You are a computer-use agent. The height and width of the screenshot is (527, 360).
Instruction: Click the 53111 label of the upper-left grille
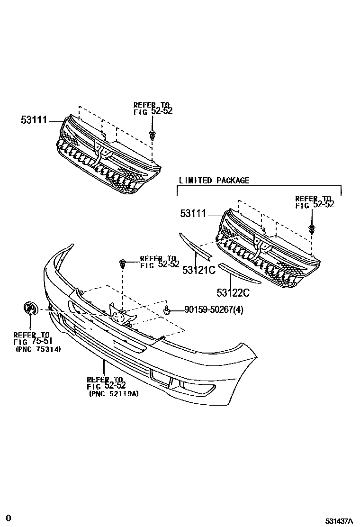click(x=34, y=120)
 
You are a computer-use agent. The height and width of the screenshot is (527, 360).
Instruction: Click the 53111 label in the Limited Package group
click(x=193, y=214)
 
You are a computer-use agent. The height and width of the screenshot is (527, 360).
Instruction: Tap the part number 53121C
click(x=198, y=270)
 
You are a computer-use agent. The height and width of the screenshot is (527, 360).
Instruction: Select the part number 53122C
click(x=233, y=293)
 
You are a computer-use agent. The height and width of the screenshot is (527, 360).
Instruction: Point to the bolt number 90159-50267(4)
click(x=207, y=310)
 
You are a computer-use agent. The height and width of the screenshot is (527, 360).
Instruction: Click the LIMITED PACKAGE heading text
click(x=214, y=181)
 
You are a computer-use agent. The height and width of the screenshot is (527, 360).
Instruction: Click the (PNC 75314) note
click(x=37, y=349)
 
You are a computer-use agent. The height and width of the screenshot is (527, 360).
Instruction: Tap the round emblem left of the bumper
click(x=29, y=309)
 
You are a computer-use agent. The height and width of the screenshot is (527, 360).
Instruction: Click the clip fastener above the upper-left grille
click(x=152, y=135)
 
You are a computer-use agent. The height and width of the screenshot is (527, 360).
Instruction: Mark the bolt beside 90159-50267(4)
click(x=167, y=310)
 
